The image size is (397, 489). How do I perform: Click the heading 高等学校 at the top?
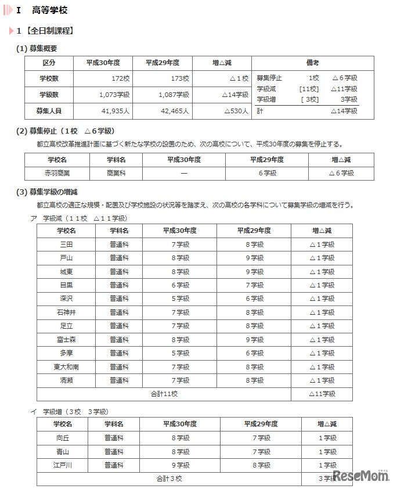coord(50,10)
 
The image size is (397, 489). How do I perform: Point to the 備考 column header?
coord(312,63)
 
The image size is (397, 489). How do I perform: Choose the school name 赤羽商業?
coord(56,173)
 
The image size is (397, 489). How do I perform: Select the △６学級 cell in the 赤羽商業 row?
coord(341,173)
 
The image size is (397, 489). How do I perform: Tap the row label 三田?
coord(66,245)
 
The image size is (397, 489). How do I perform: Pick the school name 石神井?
coord(66,312)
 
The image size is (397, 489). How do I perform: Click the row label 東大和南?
coord(66,366)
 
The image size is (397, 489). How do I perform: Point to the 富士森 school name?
coord(66,340)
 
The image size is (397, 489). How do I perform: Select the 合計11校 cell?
coord(164,394)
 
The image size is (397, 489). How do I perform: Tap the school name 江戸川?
coord(62,465)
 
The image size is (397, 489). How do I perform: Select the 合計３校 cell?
coord(169,479)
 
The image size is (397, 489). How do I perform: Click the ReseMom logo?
coord(361,476)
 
